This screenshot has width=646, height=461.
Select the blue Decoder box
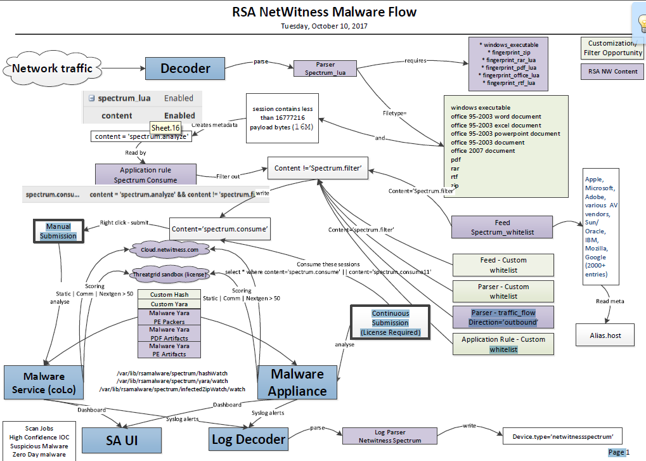point(185,68)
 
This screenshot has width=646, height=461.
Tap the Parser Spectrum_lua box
point(325,68)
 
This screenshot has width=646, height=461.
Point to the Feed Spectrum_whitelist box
point(502,228)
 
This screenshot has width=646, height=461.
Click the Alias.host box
point(605,335)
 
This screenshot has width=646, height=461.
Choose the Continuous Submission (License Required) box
point(390,323)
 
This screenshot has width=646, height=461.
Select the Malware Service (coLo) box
point(43,383)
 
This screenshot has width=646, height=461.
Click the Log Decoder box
point(249,439)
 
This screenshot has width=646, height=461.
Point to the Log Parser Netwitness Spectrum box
point(390,436)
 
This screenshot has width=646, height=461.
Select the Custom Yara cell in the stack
point(169,304)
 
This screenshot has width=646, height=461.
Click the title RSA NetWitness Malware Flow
point(323,12)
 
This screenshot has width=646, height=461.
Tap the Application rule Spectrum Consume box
point(146,175)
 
